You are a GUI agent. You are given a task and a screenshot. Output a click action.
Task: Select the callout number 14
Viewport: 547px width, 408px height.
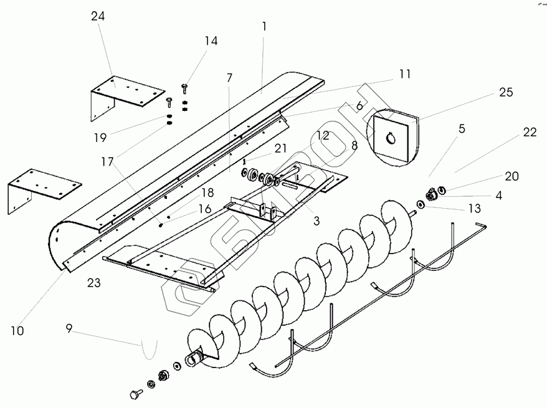click(211, 41)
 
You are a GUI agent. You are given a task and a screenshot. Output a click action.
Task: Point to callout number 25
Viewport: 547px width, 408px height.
click(505, 92)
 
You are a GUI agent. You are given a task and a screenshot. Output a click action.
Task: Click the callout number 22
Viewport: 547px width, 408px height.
click(530, 132)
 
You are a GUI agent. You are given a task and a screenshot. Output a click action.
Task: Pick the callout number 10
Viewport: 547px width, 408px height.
click(17, 331)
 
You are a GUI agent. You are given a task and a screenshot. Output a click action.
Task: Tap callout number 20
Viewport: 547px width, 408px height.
click(511, 176)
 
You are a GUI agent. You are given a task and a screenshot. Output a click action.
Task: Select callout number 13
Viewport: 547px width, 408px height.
click(474, 207)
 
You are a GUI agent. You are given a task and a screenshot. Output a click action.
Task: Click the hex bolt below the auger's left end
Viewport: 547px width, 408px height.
click(135, 394)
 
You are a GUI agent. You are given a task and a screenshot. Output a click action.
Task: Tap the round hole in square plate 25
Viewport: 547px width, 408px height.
click(391, 138)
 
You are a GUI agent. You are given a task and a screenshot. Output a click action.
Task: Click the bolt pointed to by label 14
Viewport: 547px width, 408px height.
click(185, 87)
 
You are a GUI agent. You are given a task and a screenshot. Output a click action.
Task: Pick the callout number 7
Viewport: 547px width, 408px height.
click(229, 78)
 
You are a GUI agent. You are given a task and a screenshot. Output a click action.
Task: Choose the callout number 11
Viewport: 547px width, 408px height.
click(405, 74)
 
